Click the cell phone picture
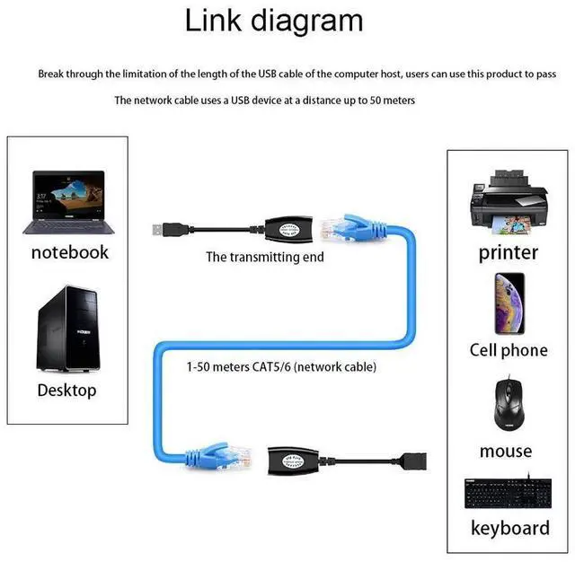pos(509,303)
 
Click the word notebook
pos(69,252)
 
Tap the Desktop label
pos(66,391)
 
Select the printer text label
pos(508,252)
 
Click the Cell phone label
pos(508,350)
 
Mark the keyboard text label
pos(509,527)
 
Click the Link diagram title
pos(274,20)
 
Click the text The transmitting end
pos(265,258)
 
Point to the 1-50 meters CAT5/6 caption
pos(281,367)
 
